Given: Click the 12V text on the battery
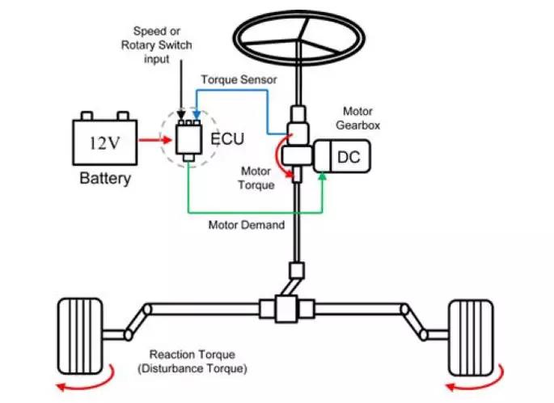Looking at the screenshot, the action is [104, 142].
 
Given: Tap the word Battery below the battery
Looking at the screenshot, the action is [105, 179].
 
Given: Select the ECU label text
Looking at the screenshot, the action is [227, 139].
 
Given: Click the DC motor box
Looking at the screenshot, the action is [342, 156].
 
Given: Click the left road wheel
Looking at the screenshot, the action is [80, 336].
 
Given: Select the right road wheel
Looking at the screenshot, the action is [471, 338].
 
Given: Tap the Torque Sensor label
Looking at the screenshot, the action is [239, 79].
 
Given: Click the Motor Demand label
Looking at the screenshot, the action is [247, 225].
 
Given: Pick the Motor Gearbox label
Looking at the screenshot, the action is [358, 118].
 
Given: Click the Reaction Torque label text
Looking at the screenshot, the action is [192, 354].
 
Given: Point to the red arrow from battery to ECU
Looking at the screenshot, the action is [155, 140].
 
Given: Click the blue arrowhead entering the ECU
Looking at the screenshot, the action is [197, 115].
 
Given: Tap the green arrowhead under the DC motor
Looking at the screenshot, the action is [322, 176].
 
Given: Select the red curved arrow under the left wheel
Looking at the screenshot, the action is [86, 381].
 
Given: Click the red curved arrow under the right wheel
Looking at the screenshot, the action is [476, 381].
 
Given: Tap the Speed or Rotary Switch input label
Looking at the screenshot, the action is [157, 45].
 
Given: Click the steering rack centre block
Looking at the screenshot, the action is [285, 309].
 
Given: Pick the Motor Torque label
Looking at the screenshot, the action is [256, 178].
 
